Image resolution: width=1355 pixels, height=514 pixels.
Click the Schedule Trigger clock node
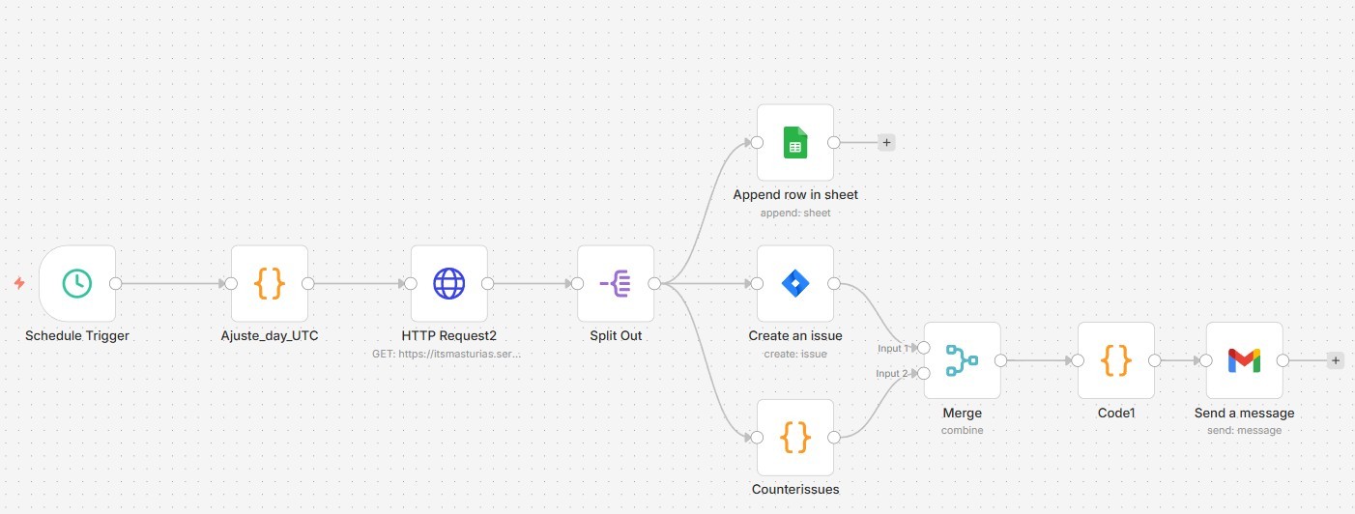[x=77, y=283]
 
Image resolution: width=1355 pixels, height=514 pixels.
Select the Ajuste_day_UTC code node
[x=270, y=283]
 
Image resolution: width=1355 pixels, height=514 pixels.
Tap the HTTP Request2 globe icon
[x=448, y=283]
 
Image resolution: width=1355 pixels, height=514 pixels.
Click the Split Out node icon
[x=616, y=283]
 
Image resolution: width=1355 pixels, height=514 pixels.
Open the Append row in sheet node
[x=794, y=143]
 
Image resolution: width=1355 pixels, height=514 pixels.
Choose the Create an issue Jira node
[x=794, y=283]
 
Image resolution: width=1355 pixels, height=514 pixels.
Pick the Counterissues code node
[x=794, y=438]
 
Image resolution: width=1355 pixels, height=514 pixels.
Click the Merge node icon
[x=962, y=360]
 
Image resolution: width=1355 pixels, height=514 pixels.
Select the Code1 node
[x=1116, y=360]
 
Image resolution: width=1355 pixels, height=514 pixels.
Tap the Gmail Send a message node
[x=1245, y=360]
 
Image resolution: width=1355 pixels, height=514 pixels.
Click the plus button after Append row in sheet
[x=887, y=143]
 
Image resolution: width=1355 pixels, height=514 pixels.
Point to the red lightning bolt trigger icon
[x=19, y=283]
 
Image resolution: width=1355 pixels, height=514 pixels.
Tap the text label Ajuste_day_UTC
[x=270, y=335]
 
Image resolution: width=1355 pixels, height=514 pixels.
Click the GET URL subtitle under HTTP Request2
[x=447, y=354]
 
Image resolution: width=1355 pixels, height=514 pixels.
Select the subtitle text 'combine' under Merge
[x=962, y=430]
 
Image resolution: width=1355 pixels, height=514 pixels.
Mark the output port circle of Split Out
[x=654, y=283]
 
